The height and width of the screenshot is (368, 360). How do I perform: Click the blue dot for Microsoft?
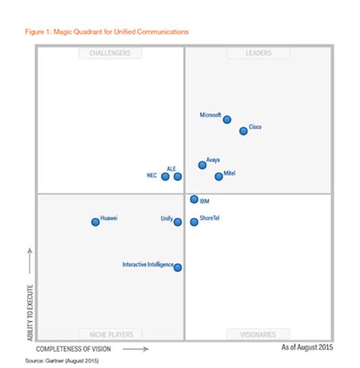pyautogui.click(x=227, y=118)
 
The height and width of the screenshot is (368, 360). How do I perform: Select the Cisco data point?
pyautogui.click(x=244, y=131)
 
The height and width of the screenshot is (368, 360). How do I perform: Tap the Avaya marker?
pyautogui.click(x=202, y=165)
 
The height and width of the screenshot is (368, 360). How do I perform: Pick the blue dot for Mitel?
pyautogui.click(x=219, y=176)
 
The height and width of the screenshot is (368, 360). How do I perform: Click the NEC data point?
pyautogui.click(x=166, y=176)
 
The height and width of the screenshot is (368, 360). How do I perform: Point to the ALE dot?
pyautogui.click(x=178, y=176)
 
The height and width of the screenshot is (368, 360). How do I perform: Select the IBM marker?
pyautogui.click(x=194, y=200)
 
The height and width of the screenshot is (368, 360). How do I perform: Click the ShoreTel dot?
pyautogui.click(x=194, y=222)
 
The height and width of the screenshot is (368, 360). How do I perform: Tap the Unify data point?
pyautogui.click(x=178, y=222)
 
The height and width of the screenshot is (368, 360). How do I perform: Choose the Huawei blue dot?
pyautogui.click(x=96, y=222)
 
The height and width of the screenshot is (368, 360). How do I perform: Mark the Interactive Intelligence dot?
pyautogui.click(x=178, y=267)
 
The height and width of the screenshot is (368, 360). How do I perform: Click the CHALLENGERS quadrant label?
pyautogui.click(x=109, y=53)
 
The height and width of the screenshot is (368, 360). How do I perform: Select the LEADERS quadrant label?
pyautogui.click(x=257, y=53)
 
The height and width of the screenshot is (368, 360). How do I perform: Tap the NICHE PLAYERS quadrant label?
pyautogui.click(x=109, y=334)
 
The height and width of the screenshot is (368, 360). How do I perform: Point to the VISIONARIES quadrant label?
pyautogui.click(x=257, y=334)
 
